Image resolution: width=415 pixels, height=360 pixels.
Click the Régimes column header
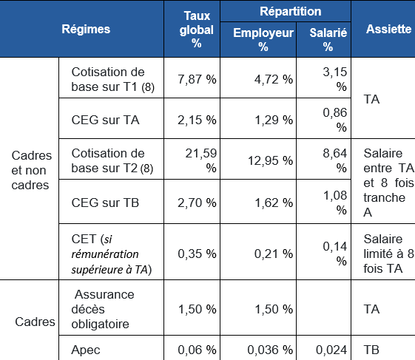[86, 30]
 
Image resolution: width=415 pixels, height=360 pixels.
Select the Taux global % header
[197, 30]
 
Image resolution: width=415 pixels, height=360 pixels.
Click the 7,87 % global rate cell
[197, 79]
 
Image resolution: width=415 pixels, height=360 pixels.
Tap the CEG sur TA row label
[105, 118]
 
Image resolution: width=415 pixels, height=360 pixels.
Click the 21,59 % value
[197, 160]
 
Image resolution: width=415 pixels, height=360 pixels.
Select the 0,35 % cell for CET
[197, 254]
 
